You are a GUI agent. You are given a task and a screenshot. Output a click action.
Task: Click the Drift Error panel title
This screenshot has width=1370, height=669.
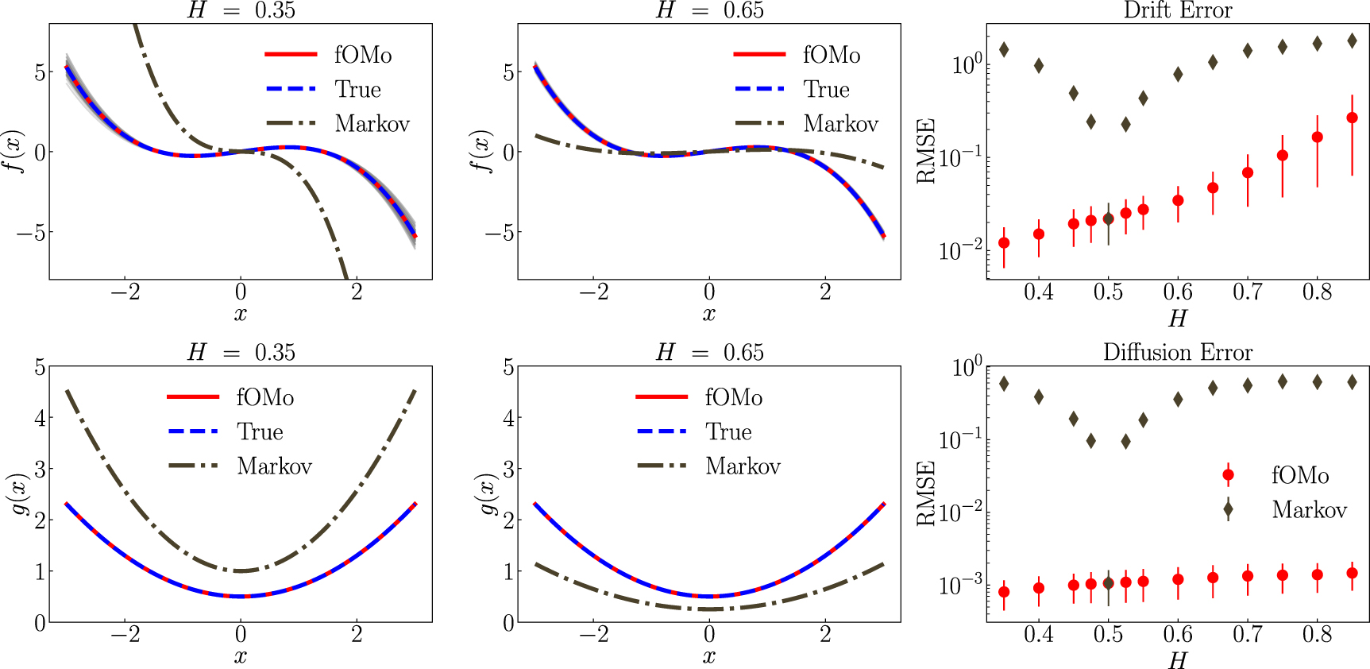[1177, 10]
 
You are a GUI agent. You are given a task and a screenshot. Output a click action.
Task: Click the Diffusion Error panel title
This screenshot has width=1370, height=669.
[1177, 352]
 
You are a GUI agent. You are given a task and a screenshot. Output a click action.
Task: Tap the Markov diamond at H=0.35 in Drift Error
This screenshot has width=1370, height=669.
[1004, 49]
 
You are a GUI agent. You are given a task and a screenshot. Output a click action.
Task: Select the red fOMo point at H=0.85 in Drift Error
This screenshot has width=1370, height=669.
[1352, 118]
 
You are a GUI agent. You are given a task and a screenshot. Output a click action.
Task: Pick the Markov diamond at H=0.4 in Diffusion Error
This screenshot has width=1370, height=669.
[1039, 396]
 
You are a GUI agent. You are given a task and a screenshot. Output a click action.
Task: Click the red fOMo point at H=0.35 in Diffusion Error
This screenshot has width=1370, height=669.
[1004, 592]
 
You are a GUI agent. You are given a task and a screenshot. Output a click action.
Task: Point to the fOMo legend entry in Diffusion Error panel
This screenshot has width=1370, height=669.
[1299, 475]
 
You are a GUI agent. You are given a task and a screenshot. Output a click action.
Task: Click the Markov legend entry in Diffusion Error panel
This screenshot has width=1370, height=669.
[1309, 509]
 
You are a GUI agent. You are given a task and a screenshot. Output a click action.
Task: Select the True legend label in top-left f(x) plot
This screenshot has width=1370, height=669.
[357, 89]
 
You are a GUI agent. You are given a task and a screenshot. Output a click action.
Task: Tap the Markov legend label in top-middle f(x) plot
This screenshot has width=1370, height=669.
[840, 123]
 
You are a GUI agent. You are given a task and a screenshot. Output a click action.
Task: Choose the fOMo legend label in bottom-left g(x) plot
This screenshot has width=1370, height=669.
[265, 397]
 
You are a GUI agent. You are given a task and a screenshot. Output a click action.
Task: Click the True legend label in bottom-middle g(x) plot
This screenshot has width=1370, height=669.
[728, 431]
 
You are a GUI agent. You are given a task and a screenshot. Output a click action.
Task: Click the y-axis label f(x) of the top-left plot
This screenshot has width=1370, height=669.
[14, 151]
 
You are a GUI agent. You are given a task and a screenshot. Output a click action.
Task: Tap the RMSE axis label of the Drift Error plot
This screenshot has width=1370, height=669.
[926, 151]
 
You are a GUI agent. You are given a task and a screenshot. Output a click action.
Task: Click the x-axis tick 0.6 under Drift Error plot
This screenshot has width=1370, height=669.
[1177, 292]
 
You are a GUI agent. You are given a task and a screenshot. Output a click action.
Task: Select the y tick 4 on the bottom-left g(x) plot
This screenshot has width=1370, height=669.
[40, 417]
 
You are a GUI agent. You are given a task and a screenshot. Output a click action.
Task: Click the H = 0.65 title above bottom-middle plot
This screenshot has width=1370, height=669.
[709, 352]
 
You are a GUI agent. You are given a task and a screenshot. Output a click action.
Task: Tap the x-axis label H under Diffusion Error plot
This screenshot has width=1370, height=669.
[1177, 660]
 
